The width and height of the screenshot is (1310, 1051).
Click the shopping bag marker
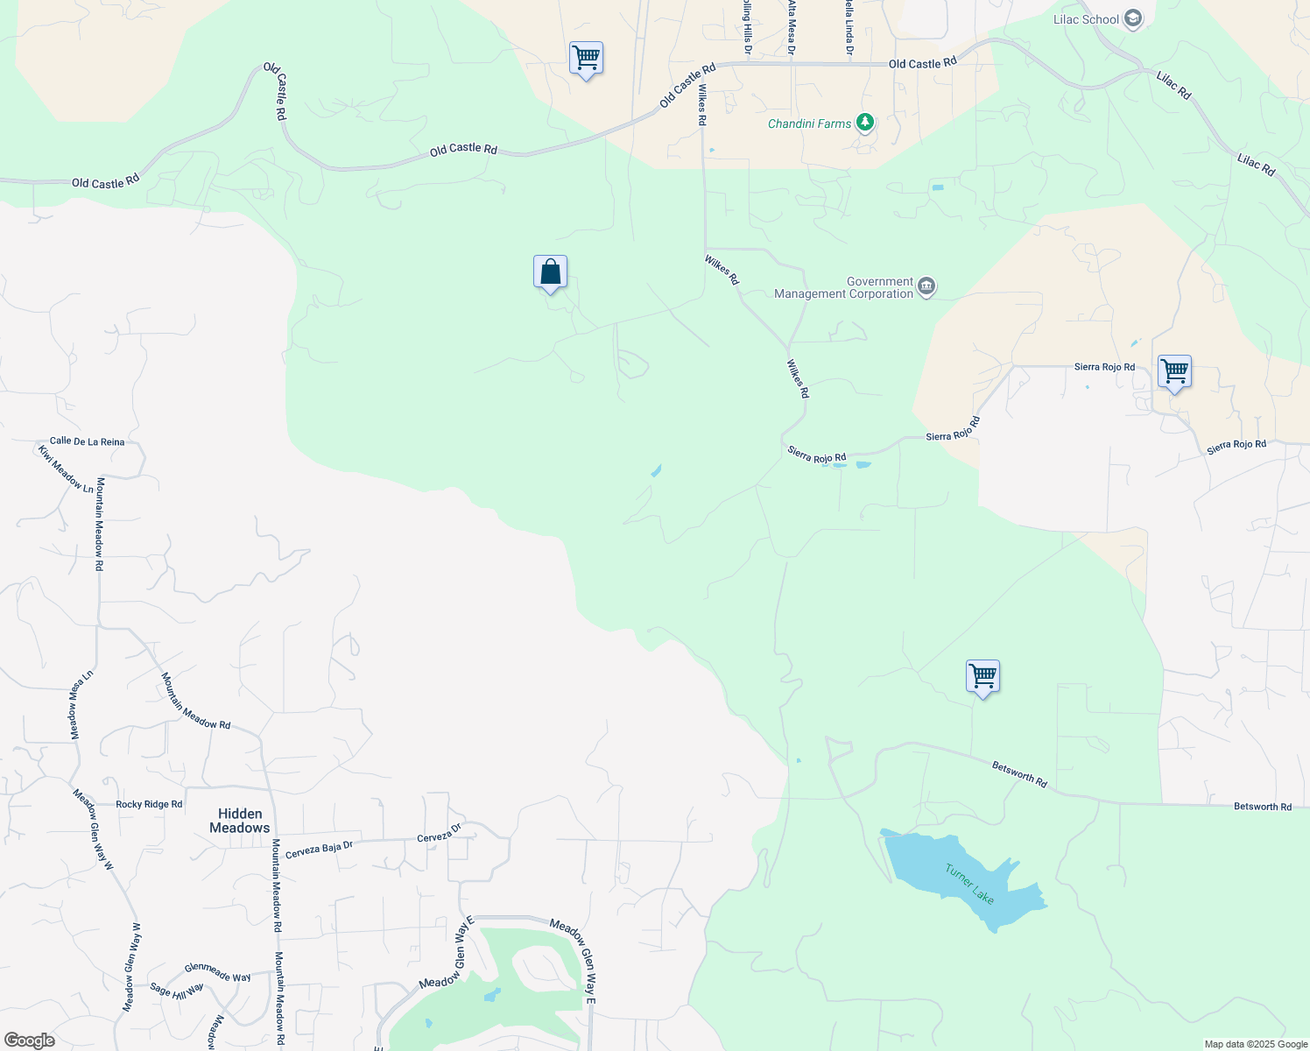coord(550,272)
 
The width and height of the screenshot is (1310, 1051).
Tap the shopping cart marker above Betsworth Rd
coord(982,677)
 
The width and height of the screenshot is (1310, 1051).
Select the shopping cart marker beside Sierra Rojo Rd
coord(1174,372)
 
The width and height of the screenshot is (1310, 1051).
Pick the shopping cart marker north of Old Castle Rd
coord(586,59)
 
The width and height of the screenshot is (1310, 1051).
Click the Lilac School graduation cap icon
coord(1133,19)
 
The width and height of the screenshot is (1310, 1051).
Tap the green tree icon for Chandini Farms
coord(865,123)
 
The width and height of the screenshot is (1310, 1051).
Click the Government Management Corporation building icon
coord(926,287)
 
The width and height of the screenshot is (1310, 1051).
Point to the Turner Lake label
coord(969,884)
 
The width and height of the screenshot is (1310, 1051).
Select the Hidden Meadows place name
coord(240,821)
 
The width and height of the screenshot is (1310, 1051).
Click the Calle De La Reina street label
coord(87,441)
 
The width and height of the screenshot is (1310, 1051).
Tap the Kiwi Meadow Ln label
coord(66,469)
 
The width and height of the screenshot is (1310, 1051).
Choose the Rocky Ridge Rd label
coord(149,804)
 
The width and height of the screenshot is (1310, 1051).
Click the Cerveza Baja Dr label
coord(319,849)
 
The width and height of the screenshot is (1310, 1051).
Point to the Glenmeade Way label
coord(217,972)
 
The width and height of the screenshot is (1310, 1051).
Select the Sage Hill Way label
coord(176,990)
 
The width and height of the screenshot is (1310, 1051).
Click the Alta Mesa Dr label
coord(792,26)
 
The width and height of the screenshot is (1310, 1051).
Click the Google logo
coord(30,1040)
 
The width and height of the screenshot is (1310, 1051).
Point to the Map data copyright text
coord(1256,1044)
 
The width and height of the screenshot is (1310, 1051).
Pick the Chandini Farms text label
coord(809,124)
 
